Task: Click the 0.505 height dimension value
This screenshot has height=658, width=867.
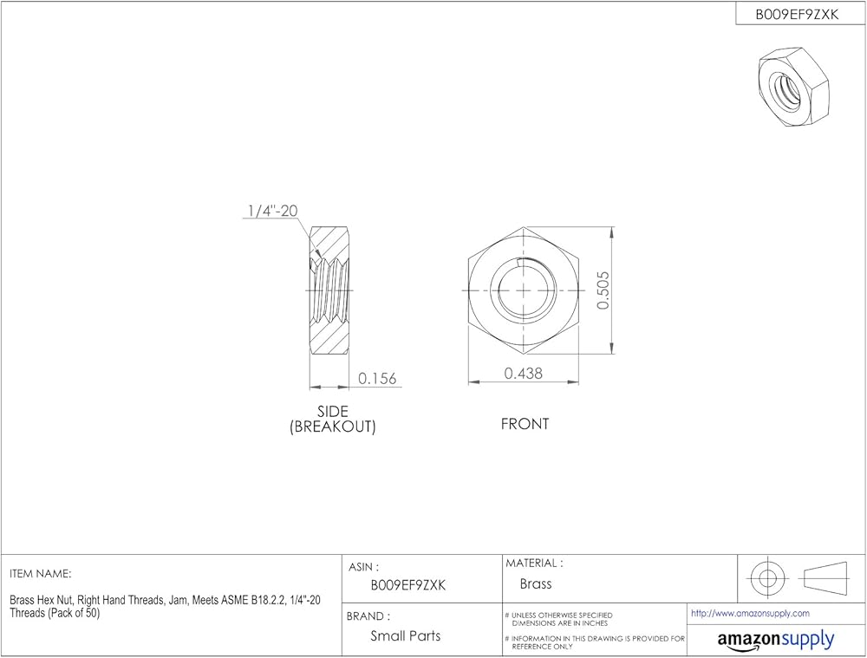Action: point(603,290)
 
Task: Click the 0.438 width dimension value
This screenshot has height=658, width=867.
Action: point(523,374)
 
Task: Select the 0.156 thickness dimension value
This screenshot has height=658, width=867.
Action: point(377,378)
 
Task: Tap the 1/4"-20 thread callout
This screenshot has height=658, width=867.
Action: point(272,211)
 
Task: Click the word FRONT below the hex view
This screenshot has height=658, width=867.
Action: point(525,424)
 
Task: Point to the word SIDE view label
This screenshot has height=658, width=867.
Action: point(333,412)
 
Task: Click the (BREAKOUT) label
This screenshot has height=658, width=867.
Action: point(333,427)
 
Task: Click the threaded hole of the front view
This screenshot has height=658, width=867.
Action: point(523,290)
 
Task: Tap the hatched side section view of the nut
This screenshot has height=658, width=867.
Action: point(329,290)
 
